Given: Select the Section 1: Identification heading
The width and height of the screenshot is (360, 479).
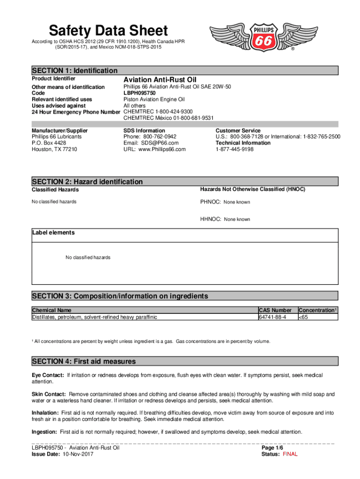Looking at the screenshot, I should pyautogui.click(x=75, y=71).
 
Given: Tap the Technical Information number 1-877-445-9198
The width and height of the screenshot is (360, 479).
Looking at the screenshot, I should pyautogui.click(x=235, y=149).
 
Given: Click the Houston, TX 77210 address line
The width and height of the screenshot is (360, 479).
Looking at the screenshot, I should pyautogui.click(x=54, y=149).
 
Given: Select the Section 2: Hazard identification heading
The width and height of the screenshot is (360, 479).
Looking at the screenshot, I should pyautogui.click(x=87, y=181).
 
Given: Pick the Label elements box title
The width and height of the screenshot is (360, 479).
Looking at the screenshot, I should pyautogui.click(x=53, y=232).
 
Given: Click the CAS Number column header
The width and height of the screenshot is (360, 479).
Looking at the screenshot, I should pyautogui.click(x=275, y=310).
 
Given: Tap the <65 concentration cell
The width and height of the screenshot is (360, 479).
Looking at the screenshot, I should pyautogui.click(x=304, y=317).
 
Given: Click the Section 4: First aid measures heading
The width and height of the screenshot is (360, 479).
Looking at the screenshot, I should pyautogui.click(x=84, y=361).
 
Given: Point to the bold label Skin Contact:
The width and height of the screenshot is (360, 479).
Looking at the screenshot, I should pyautogui.click(x=49, y=394).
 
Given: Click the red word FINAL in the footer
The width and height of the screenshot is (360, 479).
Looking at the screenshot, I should pyautogui.click(x=290, y=454).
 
